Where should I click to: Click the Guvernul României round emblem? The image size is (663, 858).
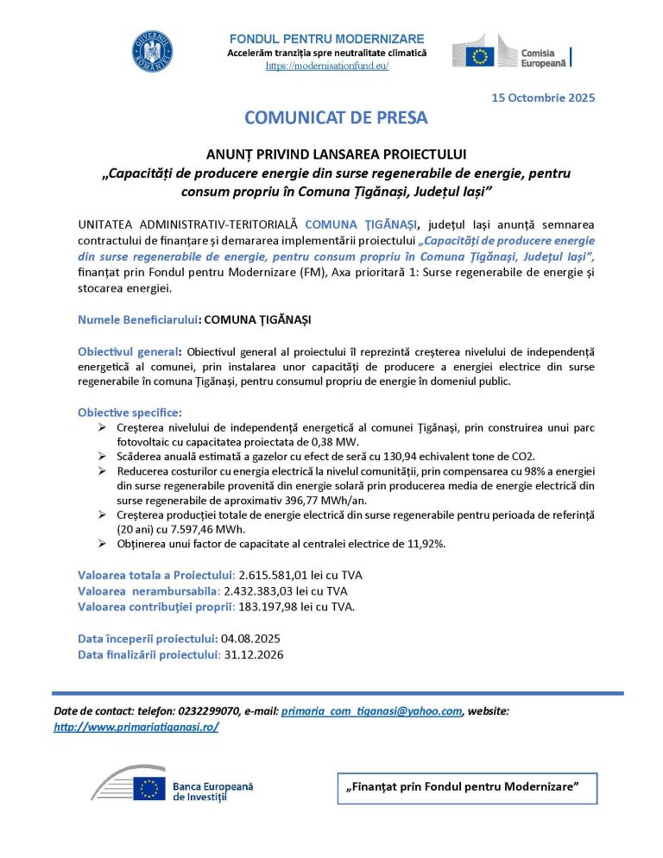[153, 51]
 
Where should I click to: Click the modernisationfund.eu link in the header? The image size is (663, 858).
[326, 66]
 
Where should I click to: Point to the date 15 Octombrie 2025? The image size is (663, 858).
[543, 97]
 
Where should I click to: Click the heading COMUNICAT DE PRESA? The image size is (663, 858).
[336, 117]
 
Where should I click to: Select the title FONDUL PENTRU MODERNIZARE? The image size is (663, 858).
[326, 39]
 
